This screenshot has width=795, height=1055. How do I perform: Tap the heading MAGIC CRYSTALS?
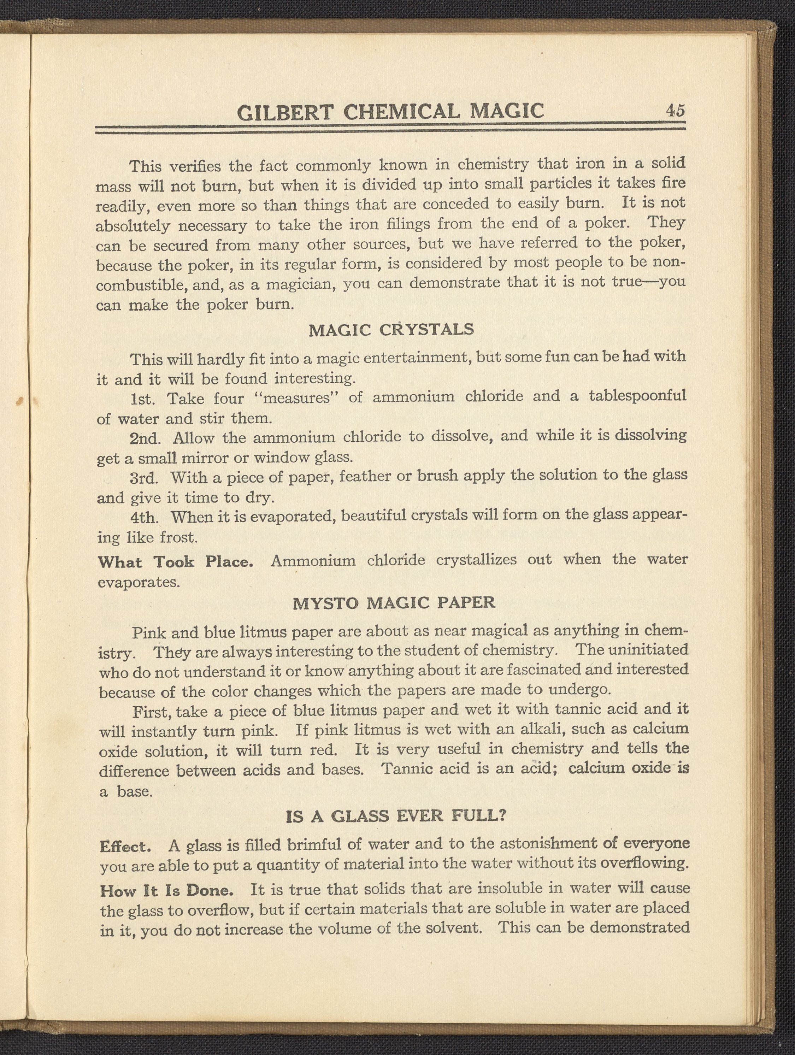point(391,330)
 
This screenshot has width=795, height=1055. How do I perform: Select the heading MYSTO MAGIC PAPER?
point(394,603)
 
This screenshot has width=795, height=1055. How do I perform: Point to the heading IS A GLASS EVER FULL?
point(395,816)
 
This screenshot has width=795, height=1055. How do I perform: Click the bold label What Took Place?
point(175,562)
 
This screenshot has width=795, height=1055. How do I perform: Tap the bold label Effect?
point(125,847)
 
